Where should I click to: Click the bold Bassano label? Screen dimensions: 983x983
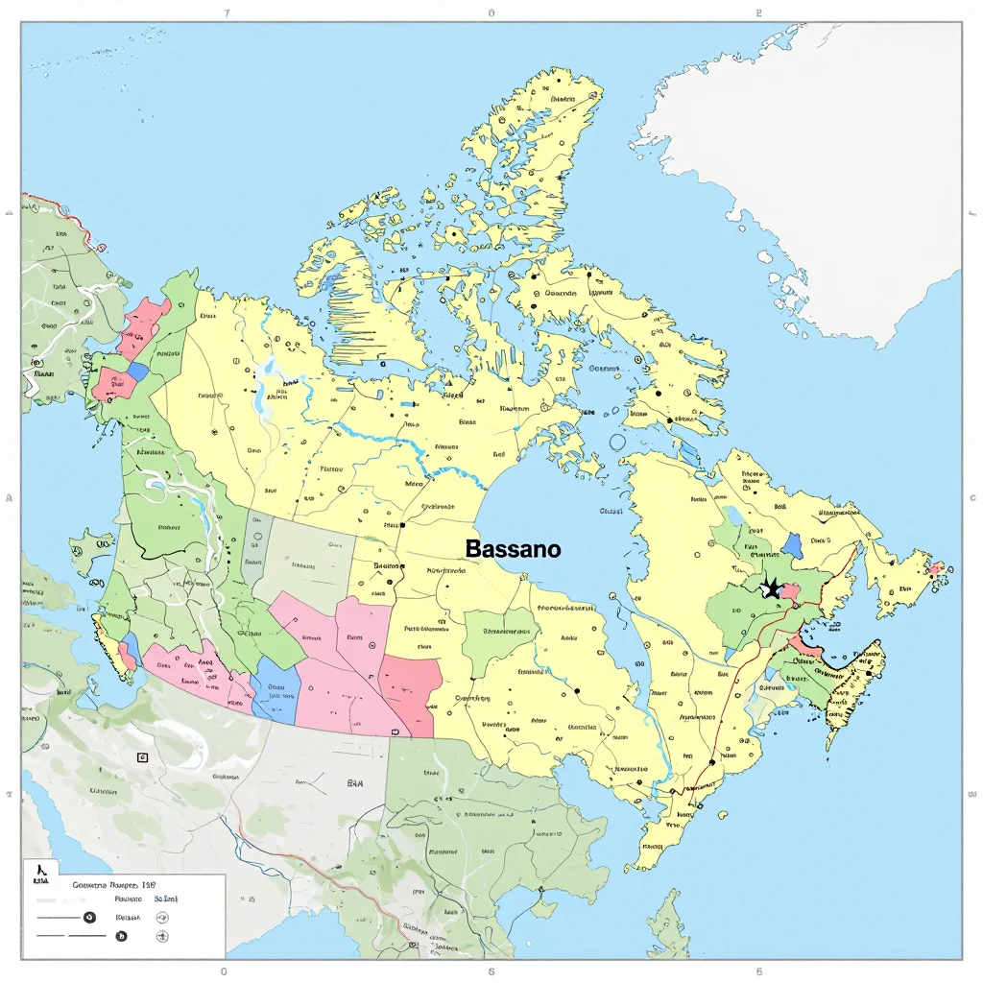pyautogui.click(x=514, y=549)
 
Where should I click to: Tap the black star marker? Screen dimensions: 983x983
pyautogui.click(x=770, y=588)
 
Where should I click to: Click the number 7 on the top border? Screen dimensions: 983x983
pyautogui.click(x=226, y=14)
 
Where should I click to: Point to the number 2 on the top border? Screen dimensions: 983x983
pyautogui.click(x=758, y=14)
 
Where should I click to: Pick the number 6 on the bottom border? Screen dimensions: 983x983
pyautogui.click(x=491, y=971)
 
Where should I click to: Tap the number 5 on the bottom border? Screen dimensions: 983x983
pyautogui.click(x=758, y=971)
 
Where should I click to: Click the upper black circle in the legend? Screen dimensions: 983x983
pyautogui.click(x=90, y=917)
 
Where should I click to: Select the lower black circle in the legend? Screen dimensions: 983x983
pyautogui.click(x=121, y=936)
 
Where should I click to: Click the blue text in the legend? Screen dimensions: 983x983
pyautogui.click(x=165, y=899)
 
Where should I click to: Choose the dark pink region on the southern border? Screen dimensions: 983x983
pyautogui.click(x=411, y=693)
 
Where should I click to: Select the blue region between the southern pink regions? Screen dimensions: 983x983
pyautogui.click(x=276, y=694)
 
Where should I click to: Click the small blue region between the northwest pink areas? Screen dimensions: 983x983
pyautogui.click(x=138, y=371)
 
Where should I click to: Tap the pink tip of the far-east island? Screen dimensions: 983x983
pyautogui.click(x=936, y=570)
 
